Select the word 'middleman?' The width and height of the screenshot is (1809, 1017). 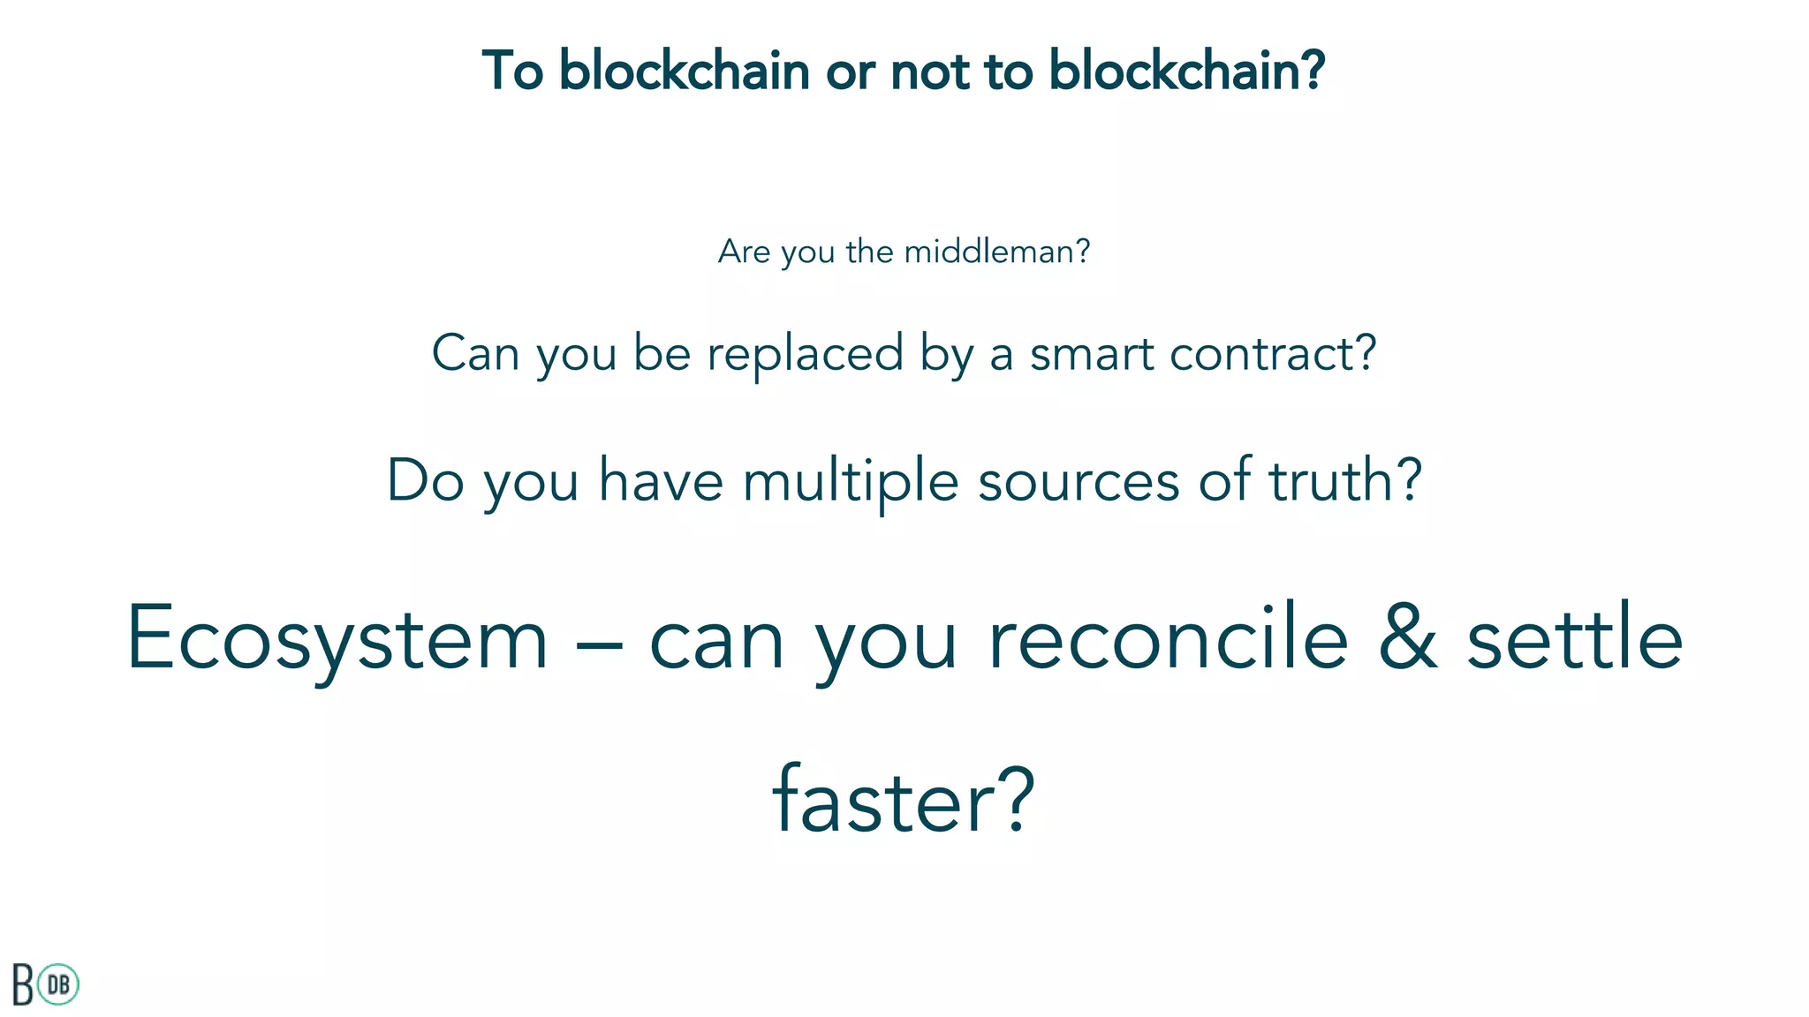point(997,252)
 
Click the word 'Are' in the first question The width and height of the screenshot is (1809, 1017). point(744,252)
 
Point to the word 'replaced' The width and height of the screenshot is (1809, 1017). point(806,355)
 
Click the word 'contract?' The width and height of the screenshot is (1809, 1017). point(1273,354)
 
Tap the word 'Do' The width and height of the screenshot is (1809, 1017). point(426,481)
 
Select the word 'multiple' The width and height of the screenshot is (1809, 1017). point(850,483)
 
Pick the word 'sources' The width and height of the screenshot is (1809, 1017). point(1079,482)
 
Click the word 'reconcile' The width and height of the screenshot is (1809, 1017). point(1168,637)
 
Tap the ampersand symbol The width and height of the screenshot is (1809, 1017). point(1408,637)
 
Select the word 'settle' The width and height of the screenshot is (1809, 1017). point(1575,637)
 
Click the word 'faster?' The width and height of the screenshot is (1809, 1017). point(903,801)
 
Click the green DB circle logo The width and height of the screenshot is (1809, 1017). point(59,984)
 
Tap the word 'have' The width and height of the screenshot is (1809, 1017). point(661,481)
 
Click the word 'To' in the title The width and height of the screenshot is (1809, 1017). point(512,71)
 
